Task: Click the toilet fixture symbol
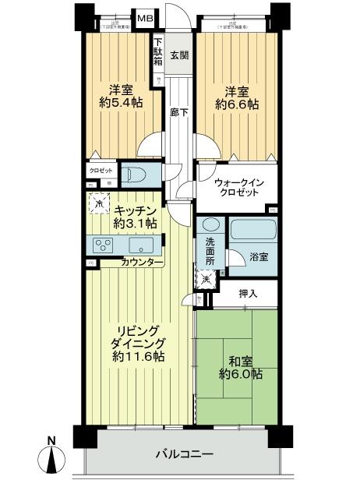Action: coord(139,172)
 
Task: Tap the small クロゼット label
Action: coord(101,169)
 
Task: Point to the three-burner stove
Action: coord(103,245)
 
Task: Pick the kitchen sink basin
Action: coord(142,245)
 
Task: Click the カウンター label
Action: coord(142,263)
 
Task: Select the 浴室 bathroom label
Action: coord(259,256)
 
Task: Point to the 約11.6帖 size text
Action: coord(137,357)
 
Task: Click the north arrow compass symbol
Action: coord(51,457)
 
